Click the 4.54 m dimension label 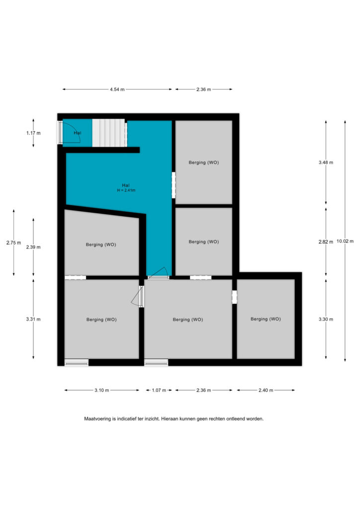[117, 89]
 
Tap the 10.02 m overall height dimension [345, 241]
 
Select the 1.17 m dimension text [33, 133]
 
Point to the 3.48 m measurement [326, 163]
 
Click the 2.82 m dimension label [326, 242]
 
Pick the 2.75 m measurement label [13, 243]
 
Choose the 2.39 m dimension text [33, 247]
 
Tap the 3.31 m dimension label [33, 319]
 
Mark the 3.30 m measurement [326, 319]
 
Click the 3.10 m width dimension [102, 390]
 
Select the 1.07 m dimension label [159, 390]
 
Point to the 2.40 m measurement [266, 390]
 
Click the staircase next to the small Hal [109, 133]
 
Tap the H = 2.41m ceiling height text [126, 190]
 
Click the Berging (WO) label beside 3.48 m [204, 163]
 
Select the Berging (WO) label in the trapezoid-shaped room [101, 245]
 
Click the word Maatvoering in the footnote [97, 419]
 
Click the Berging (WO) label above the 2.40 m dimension [266, 319]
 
